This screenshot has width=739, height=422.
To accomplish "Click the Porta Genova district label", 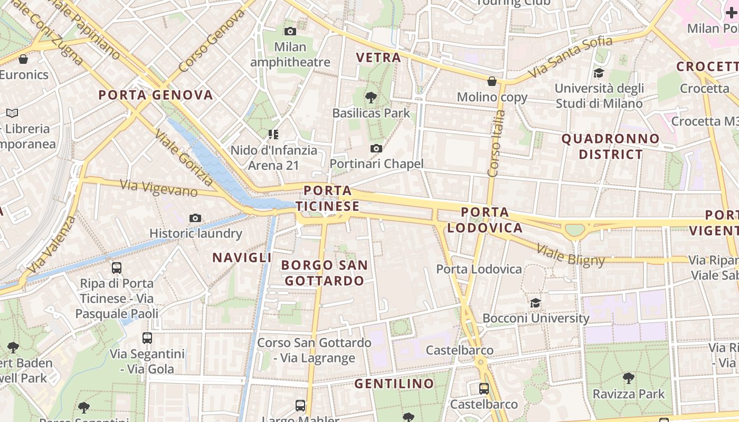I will point(156,95).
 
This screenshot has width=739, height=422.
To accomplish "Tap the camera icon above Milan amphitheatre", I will point(290,32).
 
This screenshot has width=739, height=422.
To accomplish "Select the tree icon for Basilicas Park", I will point(371,97).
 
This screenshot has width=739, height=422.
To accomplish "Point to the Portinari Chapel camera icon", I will point(376,149).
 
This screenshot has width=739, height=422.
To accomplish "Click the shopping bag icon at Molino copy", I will point(492,81).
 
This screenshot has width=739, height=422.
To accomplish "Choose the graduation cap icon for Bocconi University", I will point(536,303).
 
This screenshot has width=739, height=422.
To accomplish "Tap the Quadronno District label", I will point(610,147).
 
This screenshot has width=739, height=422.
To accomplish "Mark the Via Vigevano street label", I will point(158,188).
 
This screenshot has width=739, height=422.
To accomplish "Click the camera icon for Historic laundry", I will point(195,218).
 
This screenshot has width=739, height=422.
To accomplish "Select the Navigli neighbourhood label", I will point(242,257).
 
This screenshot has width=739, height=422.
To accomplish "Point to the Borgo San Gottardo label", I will point(324,273).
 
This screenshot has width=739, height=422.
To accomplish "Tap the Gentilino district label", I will point(394,383).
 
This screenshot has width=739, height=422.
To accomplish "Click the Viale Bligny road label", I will point(571,255).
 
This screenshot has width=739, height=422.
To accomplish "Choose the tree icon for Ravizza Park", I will point(628,378).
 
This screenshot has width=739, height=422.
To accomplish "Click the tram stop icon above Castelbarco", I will point(484,389).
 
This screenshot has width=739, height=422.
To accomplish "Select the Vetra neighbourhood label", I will point(378,57).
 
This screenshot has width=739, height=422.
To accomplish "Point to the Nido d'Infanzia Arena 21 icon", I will point(273,135).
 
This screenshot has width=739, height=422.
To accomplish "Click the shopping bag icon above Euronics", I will point(23,59).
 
